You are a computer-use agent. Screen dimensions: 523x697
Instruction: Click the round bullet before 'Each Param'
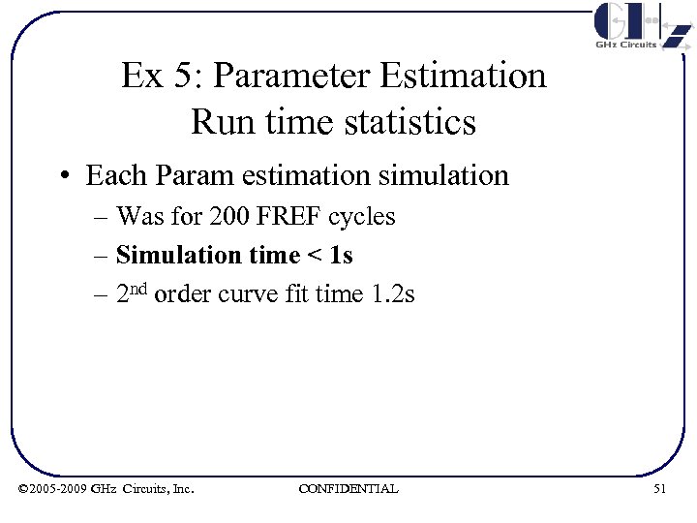pos(64,176)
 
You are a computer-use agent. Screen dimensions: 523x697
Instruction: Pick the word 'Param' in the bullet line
pos(188,175)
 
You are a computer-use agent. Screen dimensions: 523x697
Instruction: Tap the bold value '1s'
pos(341,255)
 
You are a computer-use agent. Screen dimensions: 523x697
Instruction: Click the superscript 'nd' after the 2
pos(139,288)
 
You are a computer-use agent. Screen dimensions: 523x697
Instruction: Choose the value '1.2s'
pos(393,294)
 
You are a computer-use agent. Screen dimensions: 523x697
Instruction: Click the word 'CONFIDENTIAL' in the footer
pos(348,489)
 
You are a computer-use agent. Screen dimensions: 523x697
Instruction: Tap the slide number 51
pos(659,489)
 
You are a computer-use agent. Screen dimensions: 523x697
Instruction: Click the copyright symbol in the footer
pos(23,489)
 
